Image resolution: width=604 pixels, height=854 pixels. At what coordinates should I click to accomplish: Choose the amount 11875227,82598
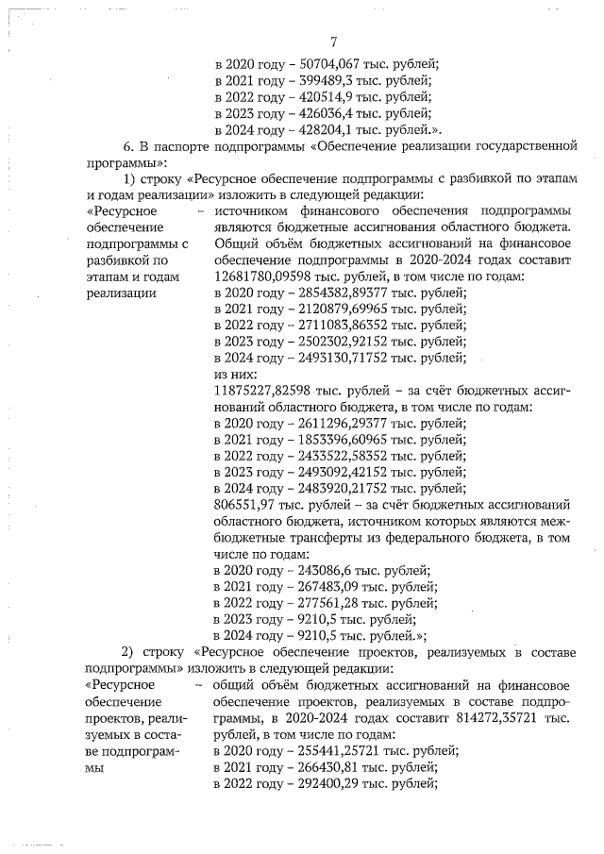click(268, 390)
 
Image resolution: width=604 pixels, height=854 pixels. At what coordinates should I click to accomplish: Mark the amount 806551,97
click(250, 505)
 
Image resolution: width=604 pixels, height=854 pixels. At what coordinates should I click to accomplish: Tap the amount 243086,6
click(322, 571)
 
